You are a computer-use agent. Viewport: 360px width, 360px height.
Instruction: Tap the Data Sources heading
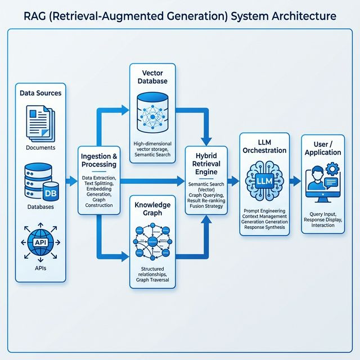40,93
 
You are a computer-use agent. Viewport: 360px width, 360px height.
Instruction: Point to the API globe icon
40,241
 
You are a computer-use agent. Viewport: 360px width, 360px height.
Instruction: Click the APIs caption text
40,268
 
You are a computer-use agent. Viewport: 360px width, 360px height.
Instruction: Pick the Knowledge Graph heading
153,209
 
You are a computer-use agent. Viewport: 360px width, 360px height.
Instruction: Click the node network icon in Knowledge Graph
153,242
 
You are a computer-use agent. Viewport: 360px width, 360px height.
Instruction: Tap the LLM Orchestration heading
264,145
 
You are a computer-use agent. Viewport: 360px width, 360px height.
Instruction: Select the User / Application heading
322,147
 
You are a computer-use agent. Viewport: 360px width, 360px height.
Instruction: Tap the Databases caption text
40,207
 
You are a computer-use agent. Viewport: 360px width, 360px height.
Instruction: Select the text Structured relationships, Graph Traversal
153,276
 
